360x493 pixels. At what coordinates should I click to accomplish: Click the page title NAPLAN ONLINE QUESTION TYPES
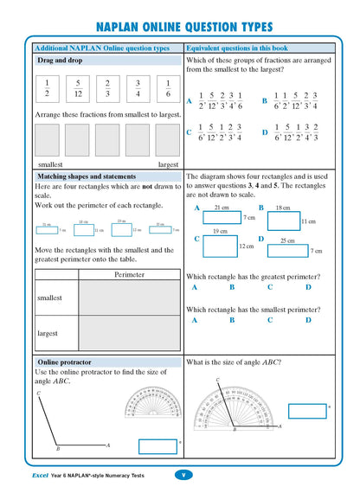click(x=180, y=26)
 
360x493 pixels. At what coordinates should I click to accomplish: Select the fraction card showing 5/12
click(x=76, y=91)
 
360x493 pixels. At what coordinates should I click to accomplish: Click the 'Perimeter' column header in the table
click(x=129, y=275)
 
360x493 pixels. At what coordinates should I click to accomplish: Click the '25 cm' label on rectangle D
click(x=286, y=241)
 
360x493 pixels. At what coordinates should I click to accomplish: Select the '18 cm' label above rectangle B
click(x=282, y=208)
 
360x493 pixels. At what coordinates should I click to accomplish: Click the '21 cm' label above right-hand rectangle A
click(x=221, y=208)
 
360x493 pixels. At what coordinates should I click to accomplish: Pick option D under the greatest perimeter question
click(x=308, y=287)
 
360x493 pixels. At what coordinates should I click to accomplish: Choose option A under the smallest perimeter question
click(x=194, y=320)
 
